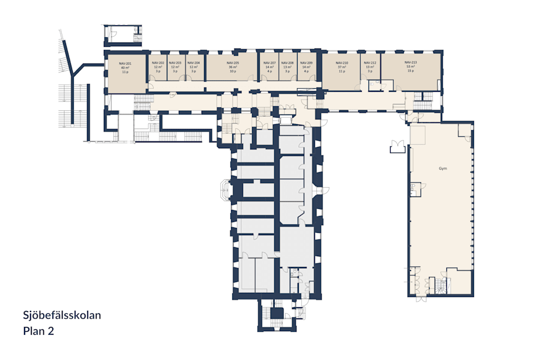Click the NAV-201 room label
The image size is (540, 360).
[x=125, y=64]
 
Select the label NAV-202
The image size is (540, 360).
[x=158, y=63]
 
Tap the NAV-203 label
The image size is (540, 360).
[x=175, y=63]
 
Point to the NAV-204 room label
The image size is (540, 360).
[x=193, y=63]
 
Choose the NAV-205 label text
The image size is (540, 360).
[x=233, y=63]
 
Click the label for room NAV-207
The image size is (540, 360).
[x=269, y=63]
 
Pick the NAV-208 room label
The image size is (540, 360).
[x=287, y=63]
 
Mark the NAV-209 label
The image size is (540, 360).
[x=306, y=63]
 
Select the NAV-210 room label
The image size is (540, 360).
[x=342, y=63]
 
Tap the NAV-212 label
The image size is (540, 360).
[x=370, y=63]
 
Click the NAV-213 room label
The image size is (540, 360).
[x=410, y=62]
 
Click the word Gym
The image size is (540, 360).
[x=442, y=169]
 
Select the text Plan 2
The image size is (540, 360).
[x=38, y=330]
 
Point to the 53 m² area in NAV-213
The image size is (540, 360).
[x=410, y=67]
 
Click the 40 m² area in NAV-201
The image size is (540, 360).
[x=125, y=68]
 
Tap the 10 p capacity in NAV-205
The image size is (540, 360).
[x=233, y=71]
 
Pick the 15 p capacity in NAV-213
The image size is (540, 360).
[x=410, y=71]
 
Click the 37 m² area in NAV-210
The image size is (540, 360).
[x=342, y=67]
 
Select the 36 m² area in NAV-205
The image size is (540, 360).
[x=233, y=67]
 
